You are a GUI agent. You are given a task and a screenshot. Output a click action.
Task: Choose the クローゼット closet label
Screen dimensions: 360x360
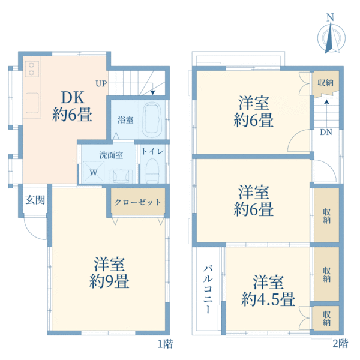coord(137,202)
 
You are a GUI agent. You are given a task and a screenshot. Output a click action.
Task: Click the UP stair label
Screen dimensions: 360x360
coord(100,83)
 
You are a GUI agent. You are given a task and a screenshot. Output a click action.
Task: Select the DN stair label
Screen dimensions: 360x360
coord(326,133)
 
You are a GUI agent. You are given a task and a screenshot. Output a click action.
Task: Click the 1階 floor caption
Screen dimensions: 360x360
coord(165,344)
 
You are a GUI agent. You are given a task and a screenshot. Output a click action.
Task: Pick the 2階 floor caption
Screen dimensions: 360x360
coord(340,344)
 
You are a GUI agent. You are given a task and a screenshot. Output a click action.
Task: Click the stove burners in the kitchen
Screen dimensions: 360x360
coord(31,69)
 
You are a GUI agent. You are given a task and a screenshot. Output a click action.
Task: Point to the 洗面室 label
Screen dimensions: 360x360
coord(111,155)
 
